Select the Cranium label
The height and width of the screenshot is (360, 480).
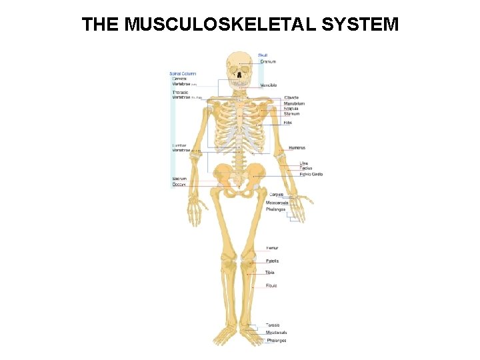(x=267, y=61)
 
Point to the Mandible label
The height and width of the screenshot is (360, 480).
(x=269, y=85)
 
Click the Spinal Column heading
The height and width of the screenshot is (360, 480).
(x=183, y=73)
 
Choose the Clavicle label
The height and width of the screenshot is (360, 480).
(x=291, y=98)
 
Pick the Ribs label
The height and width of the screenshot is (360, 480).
(x=288, y=123)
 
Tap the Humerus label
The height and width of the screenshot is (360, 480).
(x=297, y=147)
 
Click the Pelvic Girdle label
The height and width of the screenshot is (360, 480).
(x=311, y=174)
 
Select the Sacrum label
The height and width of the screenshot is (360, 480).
(x=179, y=179)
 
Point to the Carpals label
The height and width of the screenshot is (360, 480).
(x=276, y=194)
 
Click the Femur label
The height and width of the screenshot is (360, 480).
(x=272, y=248)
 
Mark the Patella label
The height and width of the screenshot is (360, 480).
(x=272, y=261)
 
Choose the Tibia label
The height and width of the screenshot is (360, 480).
(x=270, y=273)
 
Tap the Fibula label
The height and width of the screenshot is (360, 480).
(x=271, y=285)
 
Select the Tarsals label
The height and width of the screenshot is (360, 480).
(x=273, y=325)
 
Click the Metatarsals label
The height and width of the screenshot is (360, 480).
(x=277, y=332)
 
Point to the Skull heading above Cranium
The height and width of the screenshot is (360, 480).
(x=263, y=55)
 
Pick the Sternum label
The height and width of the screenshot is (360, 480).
(x=292, y=114)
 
